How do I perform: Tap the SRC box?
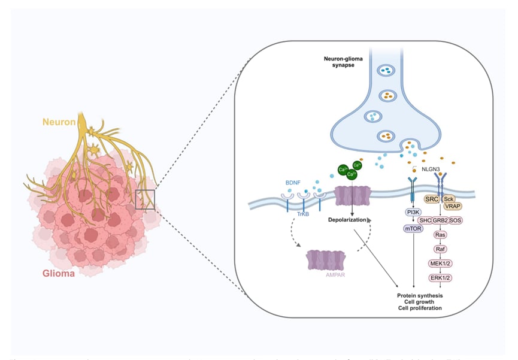(431, 198)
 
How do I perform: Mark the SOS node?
(457, 220)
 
